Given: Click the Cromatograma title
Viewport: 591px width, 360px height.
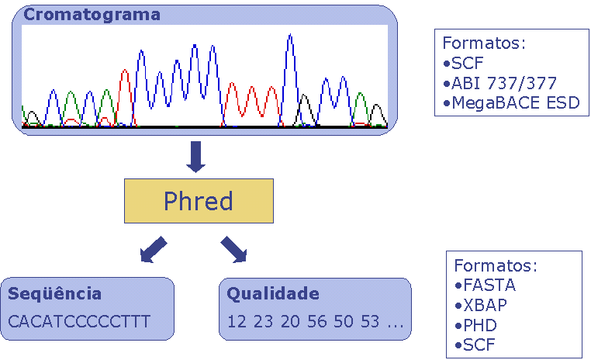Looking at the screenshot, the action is (92, 15).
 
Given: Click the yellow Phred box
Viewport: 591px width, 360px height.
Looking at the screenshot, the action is (199, 201).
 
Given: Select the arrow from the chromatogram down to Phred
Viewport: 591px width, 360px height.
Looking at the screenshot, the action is (196, 157).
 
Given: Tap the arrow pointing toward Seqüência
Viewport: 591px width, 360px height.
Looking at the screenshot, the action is (153, 249).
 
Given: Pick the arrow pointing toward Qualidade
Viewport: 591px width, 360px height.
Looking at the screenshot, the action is (234, 249).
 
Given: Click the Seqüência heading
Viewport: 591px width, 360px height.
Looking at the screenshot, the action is (54, 293).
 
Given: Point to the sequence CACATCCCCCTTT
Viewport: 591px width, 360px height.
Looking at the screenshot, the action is (79, 321).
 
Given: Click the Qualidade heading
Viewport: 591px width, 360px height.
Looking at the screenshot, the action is (273, 293).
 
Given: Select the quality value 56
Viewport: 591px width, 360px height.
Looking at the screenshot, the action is (317, 321).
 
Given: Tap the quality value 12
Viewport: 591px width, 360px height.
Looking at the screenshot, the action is (237, 321).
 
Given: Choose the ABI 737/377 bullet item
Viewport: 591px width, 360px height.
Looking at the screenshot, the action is (499, 83).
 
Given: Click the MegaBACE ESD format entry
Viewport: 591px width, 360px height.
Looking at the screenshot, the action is (511, 102).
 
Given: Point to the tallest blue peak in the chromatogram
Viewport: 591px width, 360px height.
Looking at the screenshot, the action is (290, 36).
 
